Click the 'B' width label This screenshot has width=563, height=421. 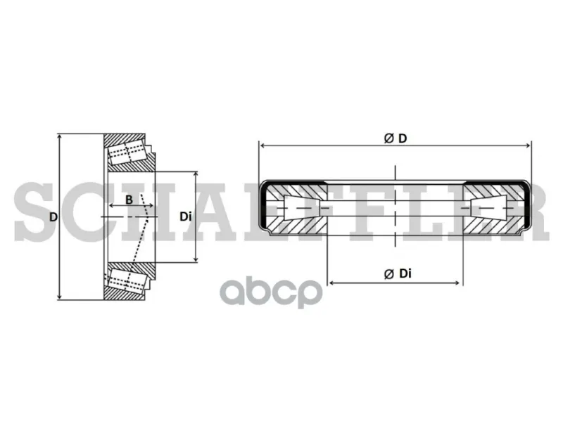pyautogui.click(x=129, y=200)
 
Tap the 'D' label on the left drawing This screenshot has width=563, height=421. pyautogui.click(x=53, y=217)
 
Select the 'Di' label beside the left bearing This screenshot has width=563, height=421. pyautogui.click(x=185, y=216)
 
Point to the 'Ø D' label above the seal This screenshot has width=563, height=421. pyautogui.click(x=396, y=138)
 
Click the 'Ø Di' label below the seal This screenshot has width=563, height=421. pyautogui.click(x=398, y=274)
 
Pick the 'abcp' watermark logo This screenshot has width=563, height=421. pyautogui.click(x=271, y=292)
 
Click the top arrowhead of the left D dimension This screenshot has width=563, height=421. pyautogui.click(x=59, y=138)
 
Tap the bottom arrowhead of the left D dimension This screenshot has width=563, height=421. pyautogui.click(x=59, y=296)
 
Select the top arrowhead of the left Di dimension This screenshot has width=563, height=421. pyautogui.click(x=196, y=175)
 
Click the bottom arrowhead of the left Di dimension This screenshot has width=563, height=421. pyautogui.click(x=196, y=259)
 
